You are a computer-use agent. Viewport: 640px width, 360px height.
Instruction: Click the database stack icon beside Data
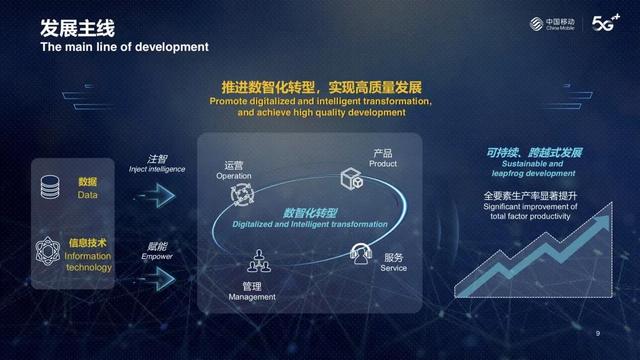tap(49, 187)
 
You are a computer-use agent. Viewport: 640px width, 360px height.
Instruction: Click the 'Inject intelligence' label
tap(157, 170)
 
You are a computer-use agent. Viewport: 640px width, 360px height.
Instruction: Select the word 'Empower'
tap(157, 256)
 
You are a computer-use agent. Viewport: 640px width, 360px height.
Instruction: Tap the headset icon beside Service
tap(361, 254)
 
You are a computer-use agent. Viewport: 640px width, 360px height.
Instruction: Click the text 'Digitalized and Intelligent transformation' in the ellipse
tap(309, 225)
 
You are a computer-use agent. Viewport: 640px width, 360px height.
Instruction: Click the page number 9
tap(598, 333)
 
